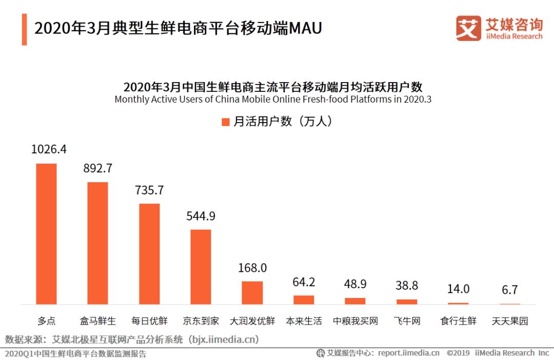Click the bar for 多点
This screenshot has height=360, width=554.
click(46, 234)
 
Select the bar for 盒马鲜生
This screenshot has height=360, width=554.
click(97, 243)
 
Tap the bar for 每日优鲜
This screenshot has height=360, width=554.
click(149, 254)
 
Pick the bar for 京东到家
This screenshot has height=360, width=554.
click(201, 267)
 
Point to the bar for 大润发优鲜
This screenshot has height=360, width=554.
click(252, 293)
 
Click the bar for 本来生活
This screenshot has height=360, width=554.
click(304, 300)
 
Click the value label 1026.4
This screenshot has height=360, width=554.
click(49, 149)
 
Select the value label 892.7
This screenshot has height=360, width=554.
click(97, 168)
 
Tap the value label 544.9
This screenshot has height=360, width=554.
click(201, 216)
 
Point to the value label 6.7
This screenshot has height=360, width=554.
click(509, 290)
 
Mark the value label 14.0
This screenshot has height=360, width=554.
click(458, 289)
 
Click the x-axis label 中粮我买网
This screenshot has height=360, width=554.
click(355, 322)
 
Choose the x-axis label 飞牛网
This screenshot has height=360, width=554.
click(407, 322)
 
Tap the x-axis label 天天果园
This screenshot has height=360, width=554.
click(509, 322)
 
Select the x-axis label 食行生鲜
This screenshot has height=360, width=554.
click(458, 322)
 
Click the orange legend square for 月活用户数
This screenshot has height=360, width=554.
click(225, 122)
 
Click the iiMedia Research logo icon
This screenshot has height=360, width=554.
click(468, 28)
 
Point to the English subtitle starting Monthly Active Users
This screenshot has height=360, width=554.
click(273, 99)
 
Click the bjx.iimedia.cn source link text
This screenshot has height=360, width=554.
click(223, 339)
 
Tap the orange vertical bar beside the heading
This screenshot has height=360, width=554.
click(24, 29)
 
